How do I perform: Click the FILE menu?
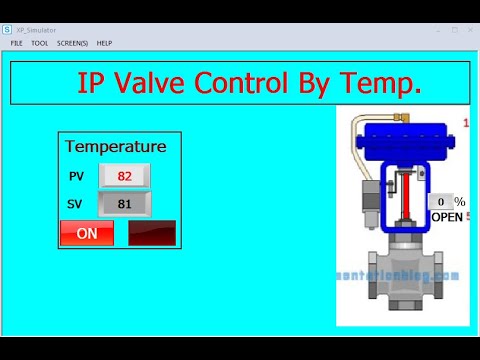17,43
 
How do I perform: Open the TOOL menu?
39,43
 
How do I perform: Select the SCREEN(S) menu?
72,43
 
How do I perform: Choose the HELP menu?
104,43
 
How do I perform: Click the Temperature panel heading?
116,147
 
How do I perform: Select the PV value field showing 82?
125,176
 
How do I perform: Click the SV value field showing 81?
125,204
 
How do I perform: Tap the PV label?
77,176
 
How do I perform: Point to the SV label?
77,204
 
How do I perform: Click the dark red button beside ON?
152,233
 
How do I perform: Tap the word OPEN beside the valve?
447,217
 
